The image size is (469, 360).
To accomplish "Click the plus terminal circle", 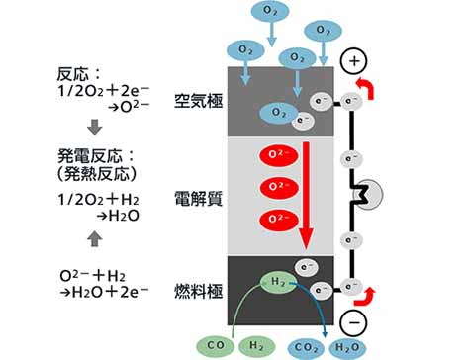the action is (353, 61).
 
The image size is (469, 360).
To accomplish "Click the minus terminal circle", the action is (353, 322).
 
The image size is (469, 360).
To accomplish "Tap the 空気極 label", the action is (199, 101).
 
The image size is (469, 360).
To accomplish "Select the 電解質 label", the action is (199, 199).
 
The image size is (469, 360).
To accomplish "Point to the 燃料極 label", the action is (199, 292).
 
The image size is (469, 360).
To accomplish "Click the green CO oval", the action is (216, 346).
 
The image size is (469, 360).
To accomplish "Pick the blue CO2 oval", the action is (307, 348).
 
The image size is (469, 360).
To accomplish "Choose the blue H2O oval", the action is (347, 347).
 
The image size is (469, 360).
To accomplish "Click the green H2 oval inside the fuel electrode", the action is (279, 282).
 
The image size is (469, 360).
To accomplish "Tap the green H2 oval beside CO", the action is (256, 346).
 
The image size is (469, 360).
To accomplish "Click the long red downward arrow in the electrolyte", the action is (307, 196).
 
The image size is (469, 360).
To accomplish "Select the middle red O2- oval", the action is (279, 187).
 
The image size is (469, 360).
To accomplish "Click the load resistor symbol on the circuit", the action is (367, 195).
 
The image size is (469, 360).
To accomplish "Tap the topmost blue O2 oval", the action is (270, 11).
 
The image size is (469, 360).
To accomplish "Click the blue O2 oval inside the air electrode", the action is (279, 113).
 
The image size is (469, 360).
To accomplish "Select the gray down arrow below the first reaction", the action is (95, 127).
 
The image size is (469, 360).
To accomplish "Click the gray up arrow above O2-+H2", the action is (95, 238).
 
